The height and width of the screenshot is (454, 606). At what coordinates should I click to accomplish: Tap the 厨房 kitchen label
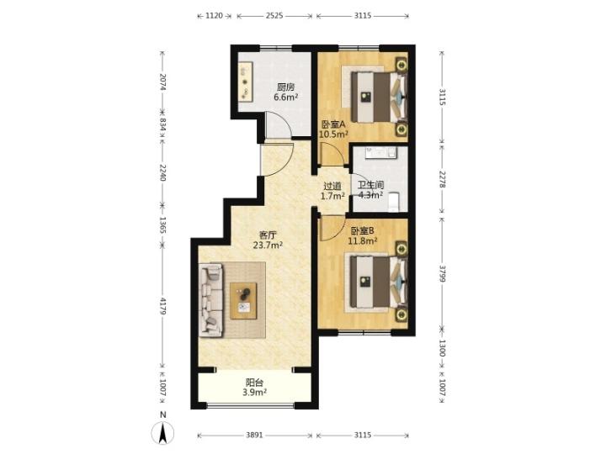(285, 87)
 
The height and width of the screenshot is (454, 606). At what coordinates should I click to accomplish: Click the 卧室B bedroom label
(362, 231)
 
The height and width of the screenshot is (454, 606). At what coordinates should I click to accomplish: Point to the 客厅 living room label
(268, 235)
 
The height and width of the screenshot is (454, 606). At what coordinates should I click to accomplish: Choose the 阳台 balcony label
(255, 383)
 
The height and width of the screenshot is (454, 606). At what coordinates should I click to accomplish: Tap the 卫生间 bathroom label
(370, 186)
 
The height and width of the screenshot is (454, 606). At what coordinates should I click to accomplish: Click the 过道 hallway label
(332, 186)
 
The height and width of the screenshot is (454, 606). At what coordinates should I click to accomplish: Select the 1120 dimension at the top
(214, 16)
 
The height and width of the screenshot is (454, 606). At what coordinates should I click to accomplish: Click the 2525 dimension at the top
(274, 16)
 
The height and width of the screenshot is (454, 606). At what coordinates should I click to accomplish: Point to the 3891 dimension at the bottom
(254, 436)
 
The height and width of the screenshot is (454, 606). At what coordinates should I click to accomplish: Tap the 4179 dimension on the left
(162, 306)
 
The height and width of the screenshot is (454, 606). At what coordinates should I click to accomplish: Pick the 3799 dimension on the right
(443, 273)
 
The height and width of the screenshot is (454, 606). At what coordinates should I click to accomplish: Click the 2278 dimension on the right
(443, 179)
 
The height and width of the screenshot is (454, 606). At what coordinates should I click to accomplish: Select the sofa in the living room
(211, 300)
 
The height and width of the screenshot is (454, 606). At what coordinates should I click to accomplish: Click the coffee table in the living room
(243, 301)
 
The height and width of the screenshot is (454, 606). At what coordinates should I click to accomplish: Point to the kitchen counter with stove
(246, 82)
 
